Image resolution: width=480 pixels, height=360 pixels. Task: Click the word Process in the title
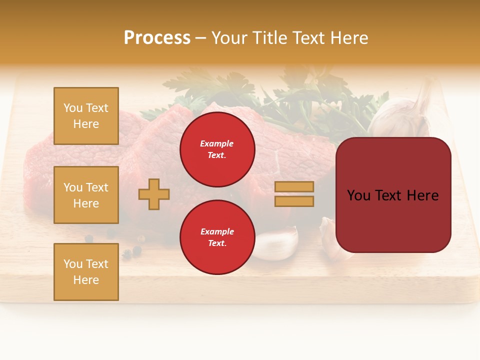(157, 38)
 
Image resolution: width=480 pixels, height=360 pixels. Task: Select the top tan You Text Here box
(86, 116)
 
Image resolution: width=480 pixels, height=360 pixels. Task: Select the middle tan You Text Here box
(86, 195)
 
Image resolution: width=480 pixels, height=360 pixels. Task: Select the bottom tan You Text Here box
(86, 272)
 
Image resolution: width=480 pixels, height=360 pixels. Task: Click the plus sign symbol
(154, 194)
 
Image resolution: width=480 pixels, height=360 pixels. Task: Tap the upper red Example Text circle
(217, 149)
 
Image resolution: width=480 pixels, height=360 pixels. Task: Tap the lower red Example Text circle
(217, 237)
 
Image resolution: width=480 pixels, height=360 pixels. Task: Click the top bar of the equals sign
(294, 186)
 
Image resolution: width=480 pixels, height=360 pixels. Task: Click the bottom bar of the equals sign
(294, 201)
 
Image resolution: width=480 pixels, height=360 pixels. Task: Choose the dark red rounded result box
(393, 195)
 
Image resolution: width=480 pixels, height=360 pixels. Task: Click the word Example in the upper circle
(216, 143)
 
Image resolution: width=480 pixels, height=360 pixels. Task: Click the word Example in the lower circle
(217, 231)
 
